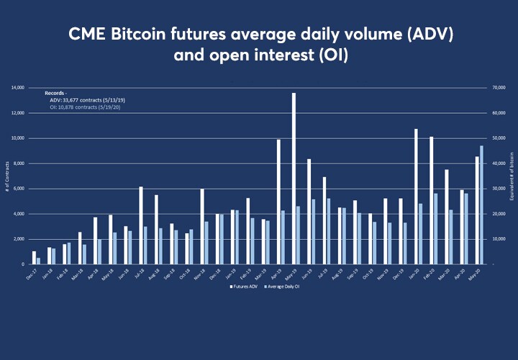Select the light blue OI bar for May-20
click(x=481, y=205)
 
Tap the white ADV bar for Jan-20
click(x=416, y=197)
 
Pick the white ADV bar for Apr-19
click(x=278, y=202)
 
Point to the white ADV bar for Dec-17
click(x=34, y=258)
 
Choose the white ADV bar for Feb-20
click(x=431, y=200)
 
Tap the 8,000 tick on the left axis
click(x=19, y=163)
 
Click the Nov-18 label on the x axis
click(x=201, y=273)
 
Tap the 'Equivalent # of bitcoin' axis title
click(x=512, y=176)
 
